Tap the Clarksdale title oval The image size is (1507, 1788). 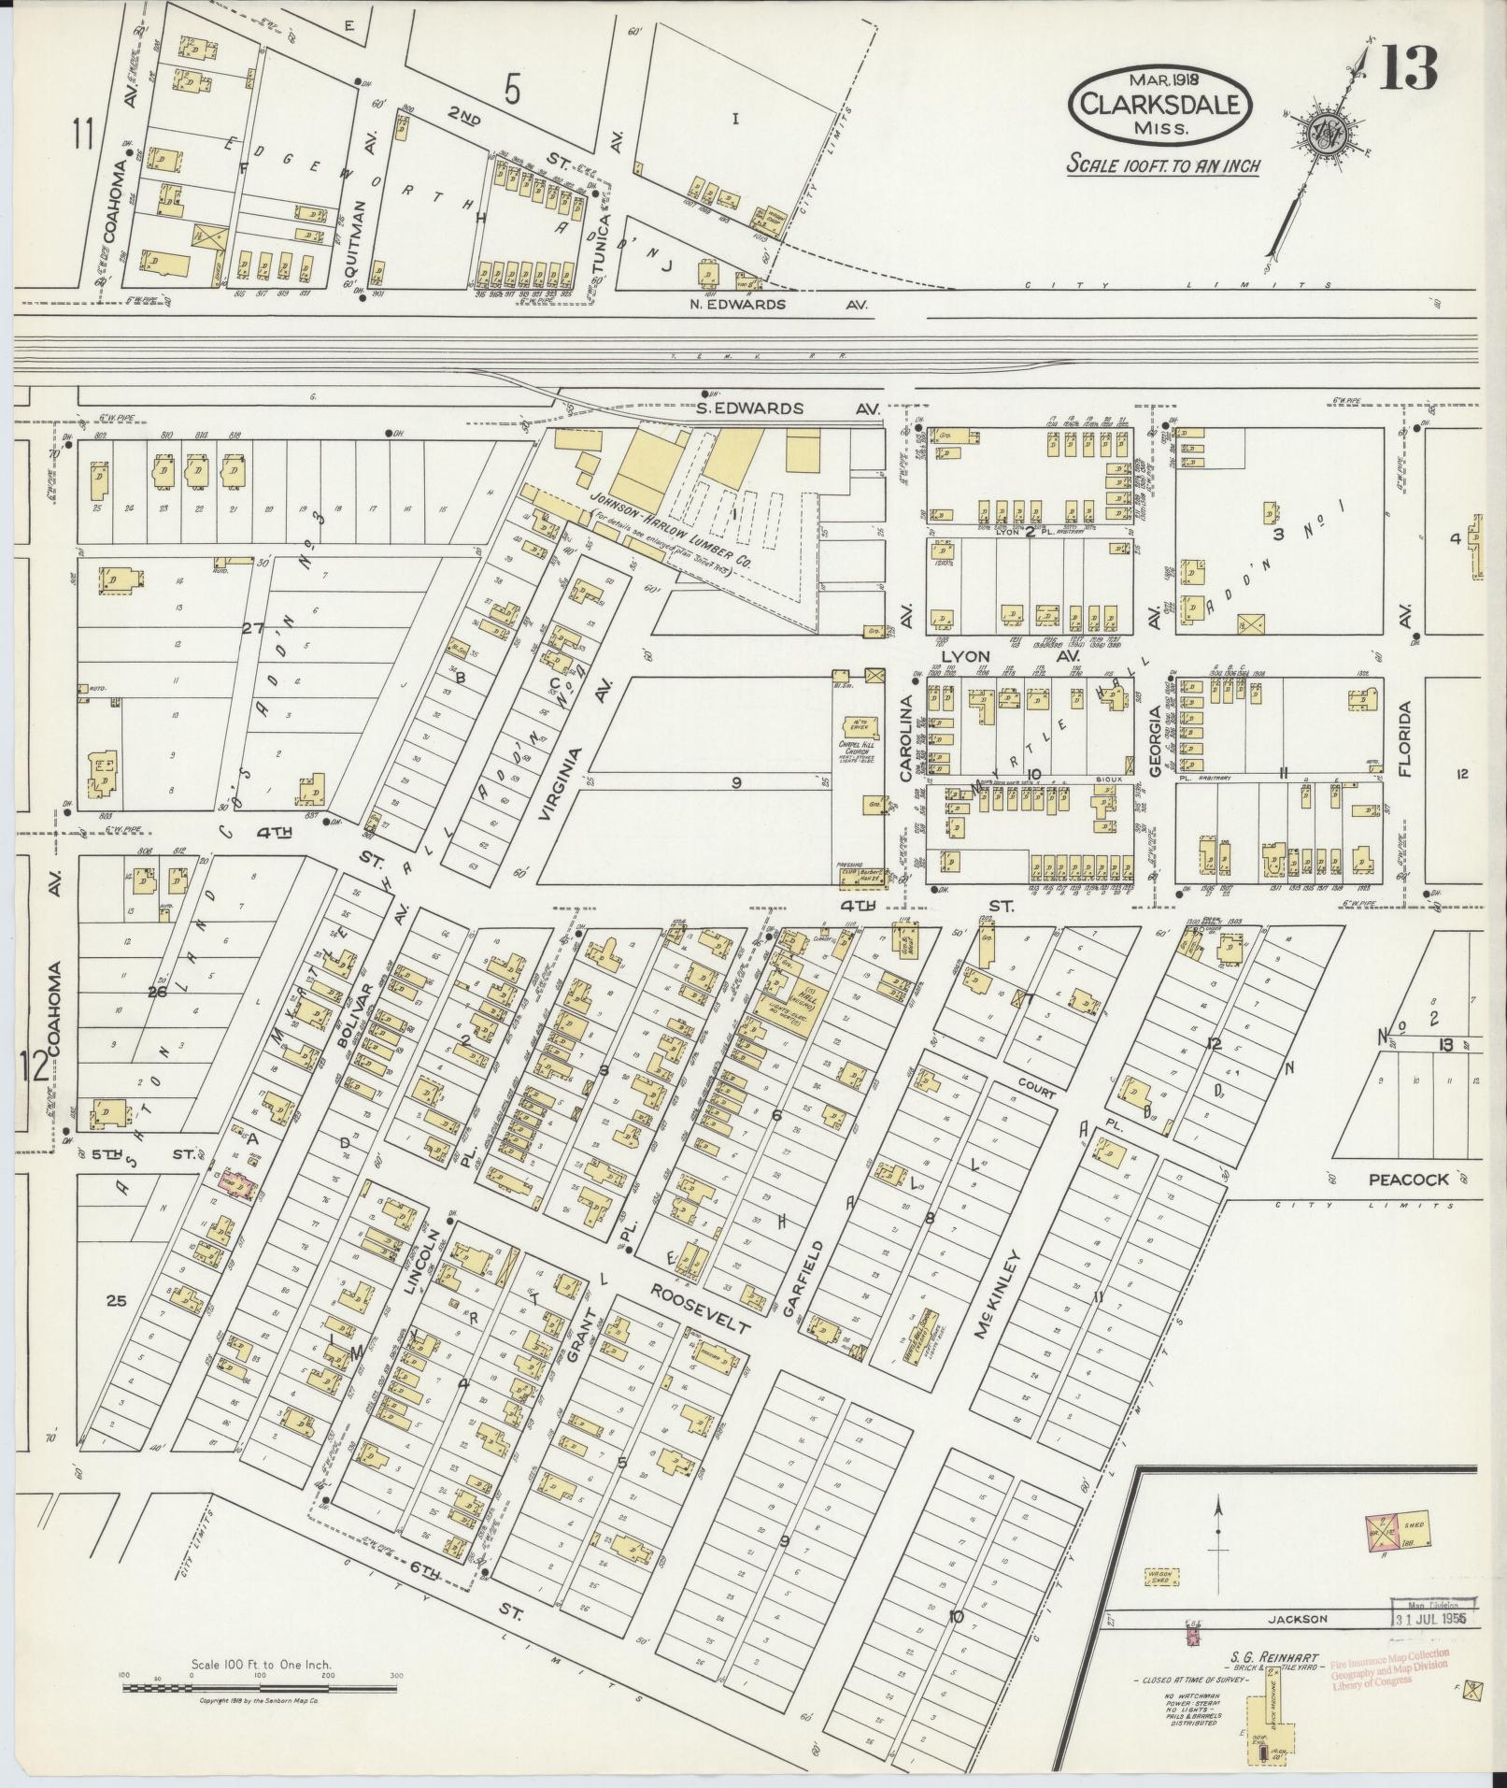pos(1159,105)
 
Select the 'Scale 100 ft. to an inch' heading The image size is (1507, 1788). pos(1163,165)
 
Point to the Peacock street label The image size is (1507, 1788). pos(1409,1180)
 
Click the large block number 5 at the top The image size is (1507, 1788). pos(511,90)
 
